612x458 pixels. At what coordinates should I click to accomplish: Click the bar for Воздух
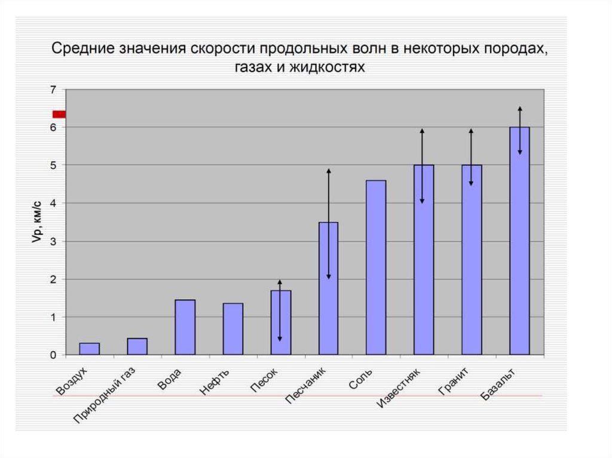coord(90,349)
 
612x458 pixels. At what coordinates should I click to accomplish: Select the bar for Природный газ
coord(137,346)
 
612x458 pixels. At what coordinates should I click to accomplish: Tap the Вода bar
coord(185,327)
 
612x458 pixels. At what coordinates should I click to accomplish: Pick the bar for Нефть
coord(232,329)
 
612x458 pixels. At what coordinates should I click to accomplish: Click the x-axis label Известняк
coord(399,388)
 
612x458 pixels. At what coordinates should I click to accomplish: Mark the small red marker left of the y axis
coord(59,114)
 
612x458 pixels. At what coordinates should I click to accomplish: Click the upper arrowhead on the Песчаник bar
coord(328,172)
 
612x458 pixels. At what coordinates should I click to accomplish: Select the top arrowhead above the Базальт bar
coord(520,109)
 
